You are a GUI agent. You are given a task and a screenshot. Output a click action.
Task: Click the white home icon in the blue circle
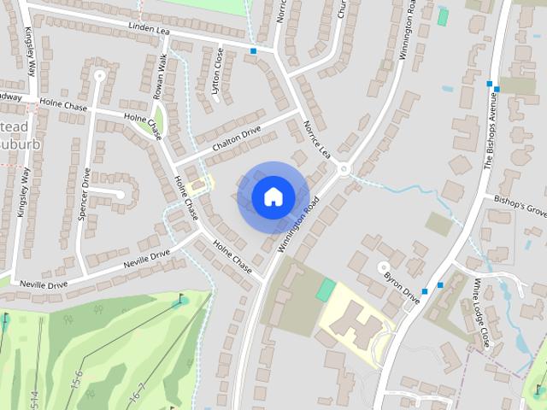[273, 196]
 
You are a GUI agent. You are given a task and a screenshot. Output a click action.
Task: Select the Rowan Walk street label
[159, 78]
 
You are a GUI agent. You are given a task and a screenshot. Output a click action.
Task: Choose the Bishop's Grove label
[520, 205]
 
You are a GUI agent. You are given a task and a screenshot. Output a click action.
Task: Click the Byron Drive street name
[401, 289]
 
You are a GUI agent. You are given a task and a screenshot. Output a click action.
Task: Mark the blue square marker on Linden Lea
[253, 51]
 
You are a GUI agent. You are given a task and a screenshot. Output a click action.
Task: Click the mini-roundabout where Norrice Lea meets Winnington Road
[344, 168]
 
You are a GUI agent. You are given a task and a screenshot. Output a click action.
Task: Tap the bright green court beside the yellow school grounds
[326, 290]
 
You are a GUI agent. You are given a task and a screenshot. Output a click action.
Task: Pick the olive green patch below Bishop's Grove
[438, 224]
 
